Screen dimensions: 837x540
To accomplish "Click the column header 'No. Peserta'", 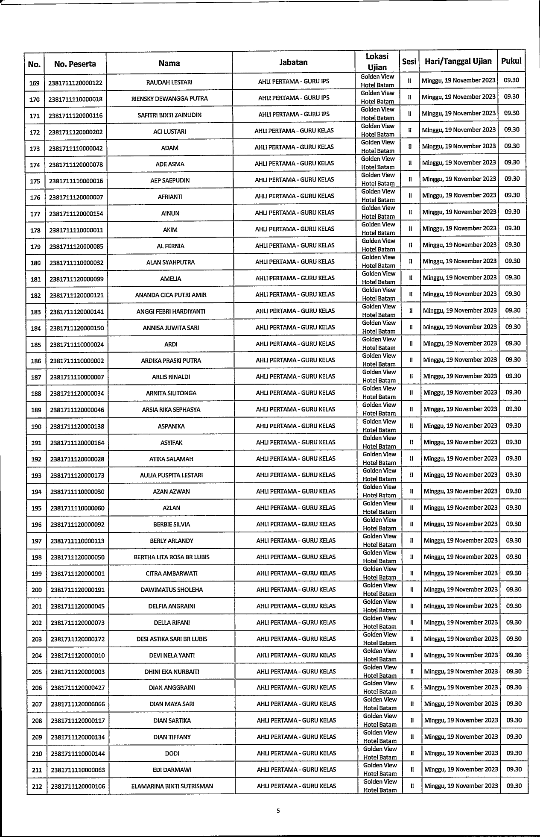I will point(75,65).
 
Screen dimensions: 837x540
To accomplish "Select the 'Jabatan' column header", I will point(293,62).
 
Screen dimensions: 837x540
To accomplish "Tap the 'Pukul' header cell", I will point(511,61).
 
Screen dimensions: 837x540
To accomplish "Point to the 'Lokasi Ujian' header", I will point(377,62).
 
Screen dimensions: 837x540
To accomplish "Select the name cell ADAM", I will point(170,148).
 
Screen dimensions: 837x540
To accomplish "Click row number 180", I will point(35,263).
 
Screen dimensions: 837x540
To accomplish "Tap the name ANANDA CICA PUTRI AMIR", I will point(170,295).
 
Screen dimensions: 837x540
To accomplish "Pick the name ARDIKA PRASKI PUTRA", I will point(171,361).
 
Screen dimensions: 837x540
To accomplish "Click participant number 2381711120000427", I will point(78,688).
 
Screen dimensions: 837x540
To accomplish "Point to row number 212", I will point(37,786).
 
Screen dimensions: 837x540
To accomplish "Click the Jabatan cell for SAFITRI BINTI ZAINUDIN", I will point(294,115).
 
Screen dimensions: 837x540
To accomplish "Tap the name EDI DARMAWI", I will point(172,770).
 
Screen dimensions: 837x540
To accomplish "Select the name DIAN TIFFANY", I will point(172,737).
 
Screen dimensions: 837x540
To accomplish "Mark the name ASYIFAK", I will point(171,443).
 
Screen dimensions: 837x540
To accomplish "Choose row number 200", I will point(37,590).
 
